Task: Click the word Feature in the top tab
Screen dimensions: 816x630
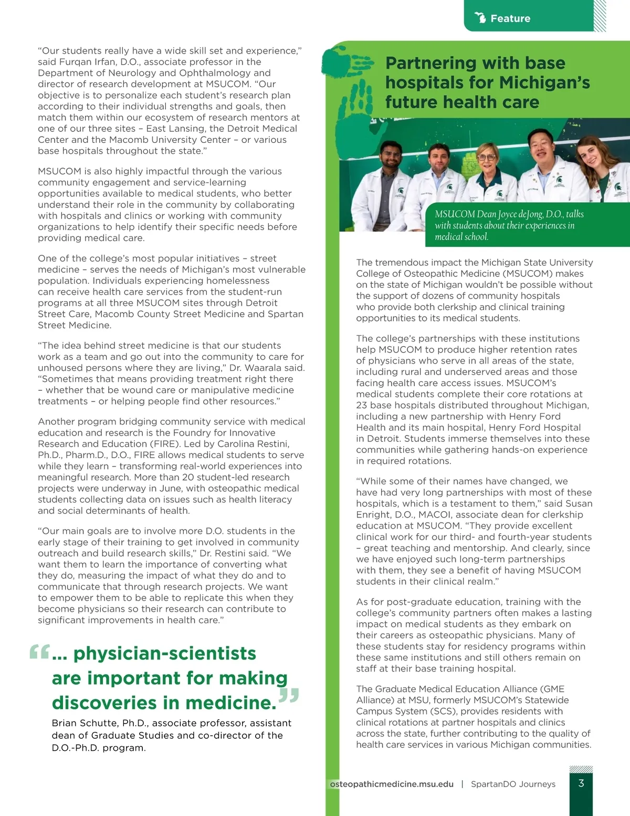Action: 510,18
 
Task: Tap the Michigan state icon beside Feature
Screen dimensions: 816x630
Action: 480,17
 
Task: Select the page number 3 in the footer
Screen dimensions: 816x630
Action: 581,783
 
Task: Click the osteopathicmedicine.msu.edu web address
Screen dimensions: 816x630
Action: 392,784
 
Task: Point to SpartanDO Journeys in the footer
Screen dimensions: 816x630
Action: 513,784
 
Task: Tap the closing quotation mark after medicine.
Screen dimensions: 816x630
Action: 289,696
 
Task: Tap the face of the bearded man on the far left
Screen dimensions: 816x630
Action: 387,157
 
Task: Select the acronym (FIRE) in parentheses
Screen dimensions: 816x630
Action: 162,443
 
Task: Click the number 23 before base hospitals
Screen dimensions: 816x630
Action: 362,405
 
